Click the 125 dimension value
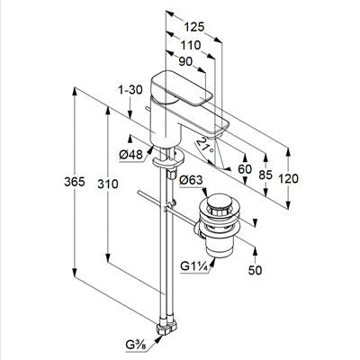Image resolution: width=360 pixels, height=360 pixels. (193, 27)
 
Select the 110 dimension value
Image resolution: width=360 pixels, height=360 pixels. (190, 45)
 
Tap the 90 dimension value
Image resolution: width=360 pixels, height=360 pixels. (185, 62)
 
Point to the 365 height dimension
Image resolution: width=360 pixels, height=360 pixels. (75, 182)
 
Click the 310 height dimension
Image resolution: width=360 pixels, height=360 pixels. (108, 184)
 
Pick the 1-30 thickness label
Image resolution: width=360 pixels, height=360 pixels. (130, 90)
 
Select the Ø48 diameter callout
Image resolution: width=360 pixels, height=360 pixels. (130, 155)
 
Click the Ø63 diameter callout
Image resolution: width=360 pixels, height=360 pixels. (191, 180)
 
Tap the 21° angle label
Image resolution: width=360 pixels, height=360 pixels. (207, 145)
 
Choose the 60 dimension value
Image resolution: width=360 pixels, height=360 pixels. (245, 169)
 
